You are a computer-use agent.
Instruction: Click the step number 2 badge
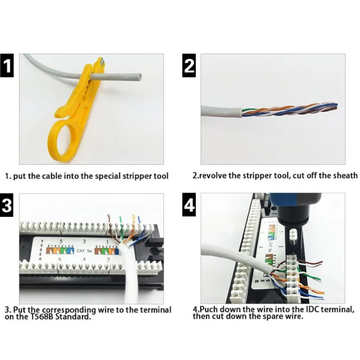(x=189, y=66)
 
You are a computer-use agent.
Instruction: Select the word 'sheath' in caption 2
(x=345, y=175)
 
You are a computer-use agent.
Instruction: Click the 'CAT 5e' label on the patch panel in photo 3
(x=84, y=250)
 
